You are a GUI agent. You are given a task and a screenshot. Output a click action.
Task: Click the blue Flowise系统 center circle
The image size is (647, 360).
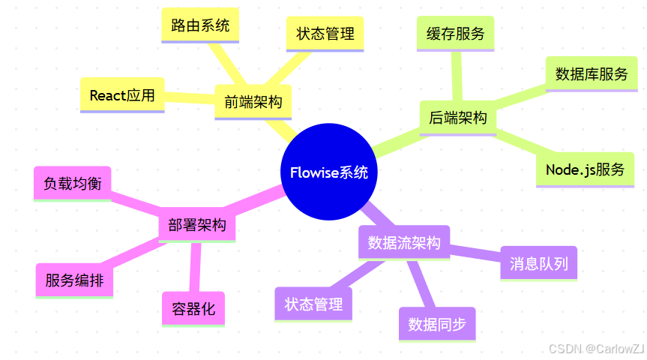click(x=329, y=172)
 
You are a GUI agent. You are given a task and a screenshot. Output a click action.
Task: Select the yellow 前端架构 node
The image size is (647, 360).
click(x=253, y=101)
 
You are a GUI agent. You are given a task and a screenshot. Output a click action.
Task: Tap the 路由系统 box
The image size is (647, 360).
click(x=200, y=25)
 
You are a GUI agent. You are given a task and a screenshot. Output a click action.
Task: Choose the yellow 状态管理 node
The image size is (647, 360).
click(x=325, y=34)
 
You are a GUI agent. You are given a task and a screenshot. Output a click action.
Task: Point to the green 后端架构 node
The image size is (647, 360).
click(x=457, y=118)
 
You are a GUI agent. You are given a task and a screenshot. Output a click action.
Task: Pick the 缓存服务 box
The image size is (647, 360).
click(x=455, y=34)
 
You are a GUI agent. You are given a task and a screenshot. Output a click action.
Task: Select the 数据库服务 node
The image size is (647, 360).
click(x=592, y=73)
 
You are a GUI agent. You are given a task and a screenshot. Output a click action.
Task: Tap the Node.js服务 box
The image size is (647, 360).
click(x=585, y=169)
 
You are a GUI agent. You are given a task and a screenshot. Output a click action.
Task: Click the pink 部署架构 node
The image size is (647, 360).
click(x=197, y=226)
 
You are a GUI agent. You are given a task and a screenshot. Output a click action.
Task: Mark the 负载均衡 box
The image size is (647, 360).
click(x=73, y=183)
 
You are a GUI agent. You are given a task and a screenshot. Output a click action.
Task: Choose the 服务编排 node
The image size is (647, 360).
click(x=74, y=280)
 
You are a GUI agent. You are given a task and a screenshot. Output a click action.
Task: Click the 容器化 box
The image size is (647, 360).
click(x=193, y=308)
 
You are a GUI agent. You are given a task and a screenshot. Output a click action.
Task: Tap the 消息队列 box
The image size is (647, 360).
click(x=538, y=263)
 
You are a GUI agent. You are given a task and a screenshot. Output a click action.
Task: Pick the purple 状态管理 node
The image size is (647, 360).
click(x=313, y=304)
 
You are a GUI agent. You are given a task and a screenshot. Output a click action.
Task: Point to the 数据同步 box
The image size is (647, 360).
click(x=437, y=324)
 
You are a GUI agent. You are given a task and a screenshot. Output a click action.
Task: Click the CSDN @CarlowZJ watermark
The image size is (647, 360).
click(x=596, y=349)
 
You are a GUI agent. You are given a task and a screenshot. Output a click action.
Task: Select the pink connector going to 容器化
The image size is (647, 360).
click(x=196, y=266)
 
